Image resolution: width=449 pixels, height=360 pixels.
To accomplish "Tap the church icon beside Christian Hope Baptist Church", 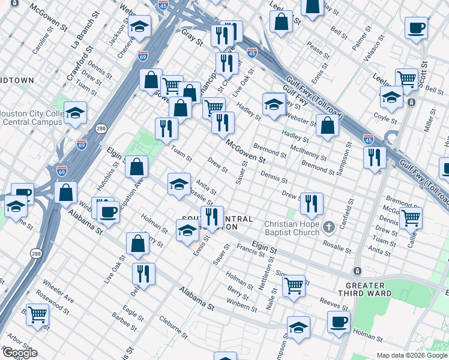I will pos(328,227).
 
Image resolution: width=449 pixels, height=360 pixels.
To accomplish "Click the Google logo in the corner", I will pos(20,353).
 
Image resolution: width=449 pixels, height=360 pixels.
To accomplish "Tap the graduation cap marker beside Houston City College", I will pos(76,112).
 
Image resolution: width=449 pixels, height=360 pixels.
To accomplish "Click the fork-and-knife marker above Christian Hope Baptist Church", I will pos(312,203).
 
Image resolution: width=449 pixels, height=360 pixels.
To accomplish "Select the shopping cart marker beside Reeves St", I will pos(294,285).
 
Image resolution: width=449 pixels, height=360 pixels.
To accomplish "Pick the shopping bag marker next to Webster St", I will pos(327,125).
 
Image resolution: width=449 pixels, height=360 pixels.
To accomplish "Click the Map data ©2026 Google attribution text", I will pos(412,355).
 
